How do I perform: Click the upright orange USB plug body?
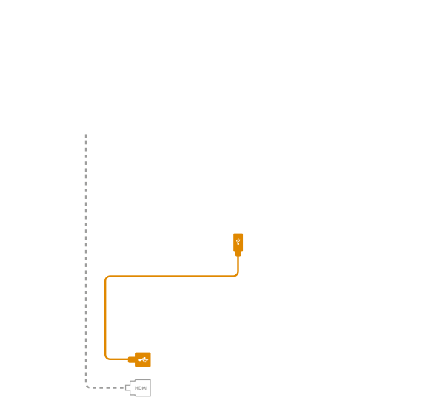(x=238, y=243)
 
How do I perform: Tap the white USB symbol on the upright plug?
(x=238, y=242)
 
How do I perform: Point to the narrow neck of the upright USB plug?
(x=238, y=254)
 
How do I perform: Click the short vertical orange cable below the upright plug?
(x=238, y=263)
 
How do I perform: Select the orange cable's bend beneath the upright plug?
(x=236, y=274)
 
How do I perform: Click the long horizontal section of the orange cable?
(x=171, y=277)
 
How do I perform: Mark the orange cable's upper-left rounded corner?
(x=107, y=278)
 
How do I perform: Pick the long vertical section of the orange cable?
(x=105, y=317)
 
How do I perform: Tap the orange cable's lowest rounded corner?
(x=107, y=357)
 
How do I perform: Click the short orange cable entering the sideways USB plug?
(x=119, y=359)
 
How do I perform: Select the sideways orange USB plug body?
(x=143, y=359)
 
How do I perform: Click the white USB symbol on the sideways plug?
(x=143, y=359)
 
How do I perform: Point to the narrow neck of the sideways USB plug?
(x=131, y=359)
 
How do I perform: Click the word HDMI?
(x=141, y=388)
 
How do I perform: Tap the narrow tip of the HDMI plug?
(x=127, y=388)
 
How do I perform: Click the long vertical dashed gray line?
(x=86, y=260)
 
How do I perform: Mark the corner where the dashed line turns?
(x=87, y=387)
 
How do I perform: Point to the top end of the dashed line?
(x=86, y=135)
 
